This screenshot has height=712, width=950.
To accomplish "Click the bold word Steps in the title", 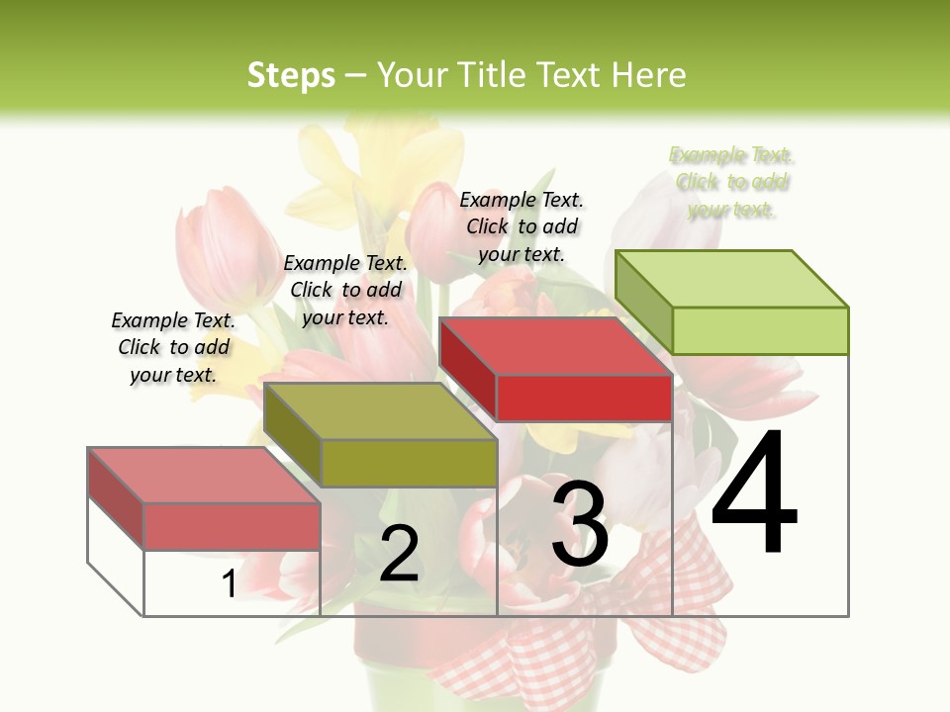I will pyautogui.click(x=291, y=75).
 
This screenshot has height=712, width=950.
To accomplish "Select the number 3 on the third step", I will pyautogui.click(x=579, y=524).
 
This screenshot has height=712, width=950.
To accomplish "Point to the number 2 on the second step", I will pyautogui.click(x=399, y=554).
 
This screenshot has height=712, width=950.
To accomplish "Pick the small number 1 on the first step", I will pyautogui.click(x=230, y=583).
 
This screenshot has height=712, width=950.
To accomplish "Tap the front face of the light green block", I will pyautogui.click(x=760, y=330).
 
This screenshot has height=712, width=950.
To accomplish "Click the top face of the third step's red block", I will pyautogui.click(x=554, y=346).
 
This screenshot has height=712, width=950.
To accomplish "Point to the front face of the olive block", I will pyautogui.click(x=409, y=463).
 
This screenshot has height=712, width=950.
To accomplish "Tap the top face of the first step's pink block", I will pyautogui.click(x=203, y=475).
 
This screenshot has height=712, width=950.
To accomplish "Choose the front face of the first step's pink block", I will pyautogui.click(x=232, y=526).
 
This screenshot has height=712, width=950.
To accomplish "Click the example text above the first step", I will pyautogui.click(x=173, y=347).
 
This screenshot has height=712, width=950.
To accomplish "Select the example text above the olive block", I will pyautogui.click(x=345, y=290).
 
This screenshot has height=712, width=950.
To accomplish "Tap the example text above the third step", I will pyautogui.click(x=522, y=226).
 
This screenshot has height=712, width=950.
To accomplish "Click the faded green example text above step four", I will pyautogui.click(x=732, y=182).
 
